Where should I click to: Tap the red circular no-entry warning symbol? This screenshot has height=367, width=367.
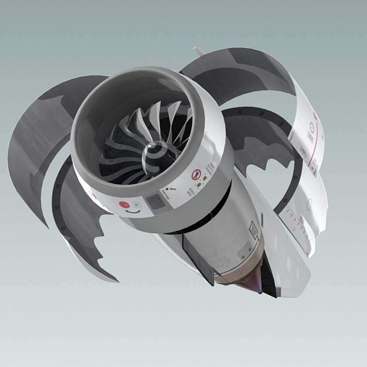point(196,175)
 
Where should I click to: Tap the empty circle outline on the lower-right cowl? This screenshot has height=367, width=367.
point(309,204)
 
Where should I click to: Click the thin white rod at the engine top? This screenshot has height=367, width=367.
point(199,51)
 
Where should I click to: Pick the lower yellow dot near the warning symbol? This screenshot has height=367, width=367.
point(199,185)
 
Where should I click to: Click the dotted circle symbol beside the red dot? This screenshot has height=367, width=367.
point(136,205)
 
